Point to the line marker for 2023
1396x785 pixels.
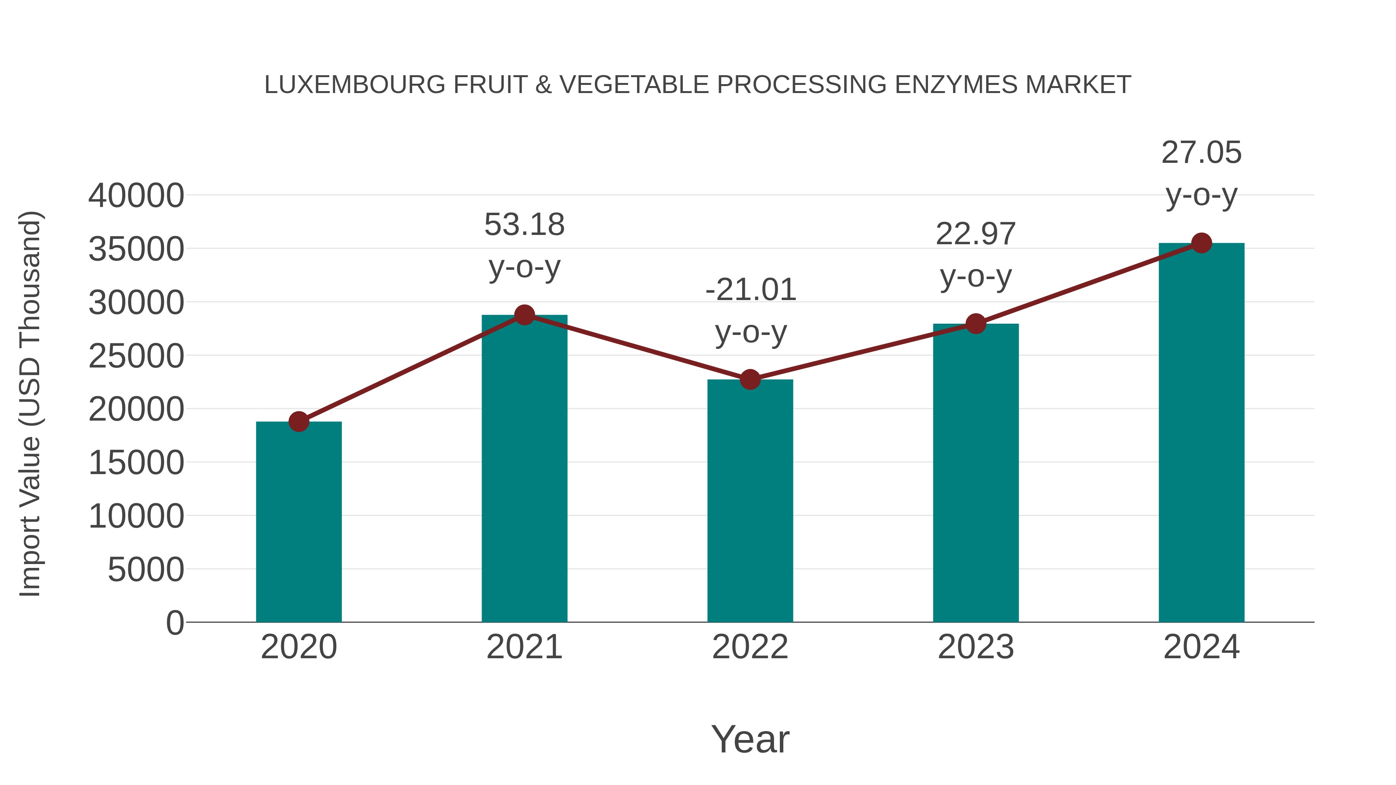pos(976,324)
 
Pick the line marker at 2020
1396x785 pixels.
pos(299,421)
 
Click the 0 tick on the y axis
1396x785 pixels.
pos(175,623)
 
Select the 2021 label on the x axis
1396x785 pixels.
pos(524,647)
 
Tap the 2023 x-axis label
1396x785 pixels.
pos(976,647)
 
